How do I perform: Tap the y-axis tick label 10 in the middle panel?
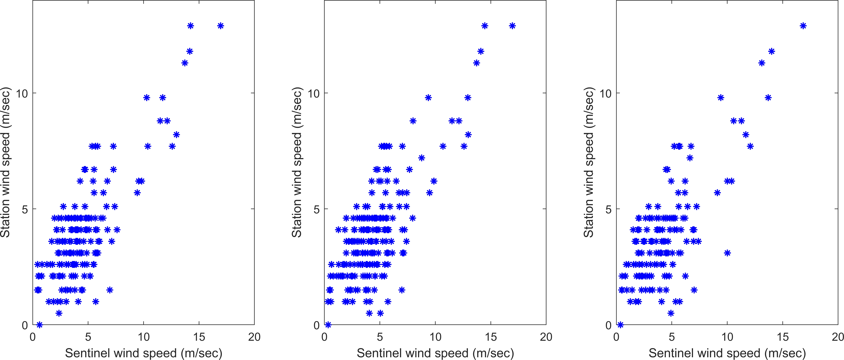click(x=313, y=94)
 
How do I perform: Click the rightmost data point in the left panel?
click(x=221, y=26)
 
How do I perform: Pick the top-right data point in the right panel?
click(x=803, y=26)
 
